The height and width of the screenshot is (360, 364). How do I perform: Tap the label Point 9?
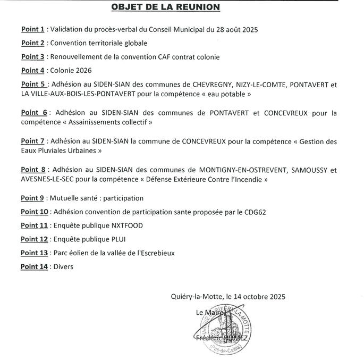32,198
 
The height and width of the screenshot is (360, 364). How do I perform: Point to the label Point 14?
35,266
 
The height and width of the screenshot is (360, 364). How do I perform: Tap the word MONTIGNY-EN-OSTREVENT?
243,171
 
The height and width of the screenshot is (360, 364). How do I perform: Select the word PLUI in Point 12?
117,239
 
